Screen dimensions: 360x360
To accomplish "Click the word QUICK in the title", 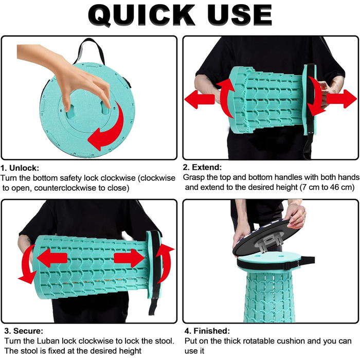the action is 141,15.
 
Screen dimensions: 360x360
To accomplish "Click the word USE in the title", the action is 240,15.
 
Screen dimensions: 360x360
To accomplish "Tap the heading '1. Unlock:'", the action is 20,168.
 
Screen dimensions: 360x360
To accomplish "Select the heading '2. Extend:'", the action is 202,167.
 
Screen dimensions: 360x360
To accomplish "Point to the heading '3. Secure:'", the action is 24,331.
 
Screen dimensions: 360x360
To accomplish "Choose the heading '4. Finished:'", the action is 207,331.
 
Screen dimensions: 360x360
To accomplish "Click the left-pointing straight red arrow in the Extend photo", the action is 200,99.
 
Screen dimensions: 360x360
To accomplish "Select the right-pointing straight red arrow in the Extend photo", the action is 341,99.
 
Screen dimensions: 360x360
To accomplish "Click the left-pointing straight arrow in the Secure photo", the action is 52,258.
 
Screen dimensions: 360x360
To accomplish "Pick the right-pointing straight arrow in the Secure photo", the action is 129,259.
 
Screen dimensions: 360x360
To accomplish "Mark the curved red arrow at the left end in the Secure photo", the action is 26,264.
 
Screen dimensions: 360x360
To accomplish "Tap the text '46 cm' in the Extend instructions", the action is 342,187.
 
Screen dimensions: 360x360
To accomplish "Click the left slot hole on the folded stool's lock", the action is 70,112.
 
